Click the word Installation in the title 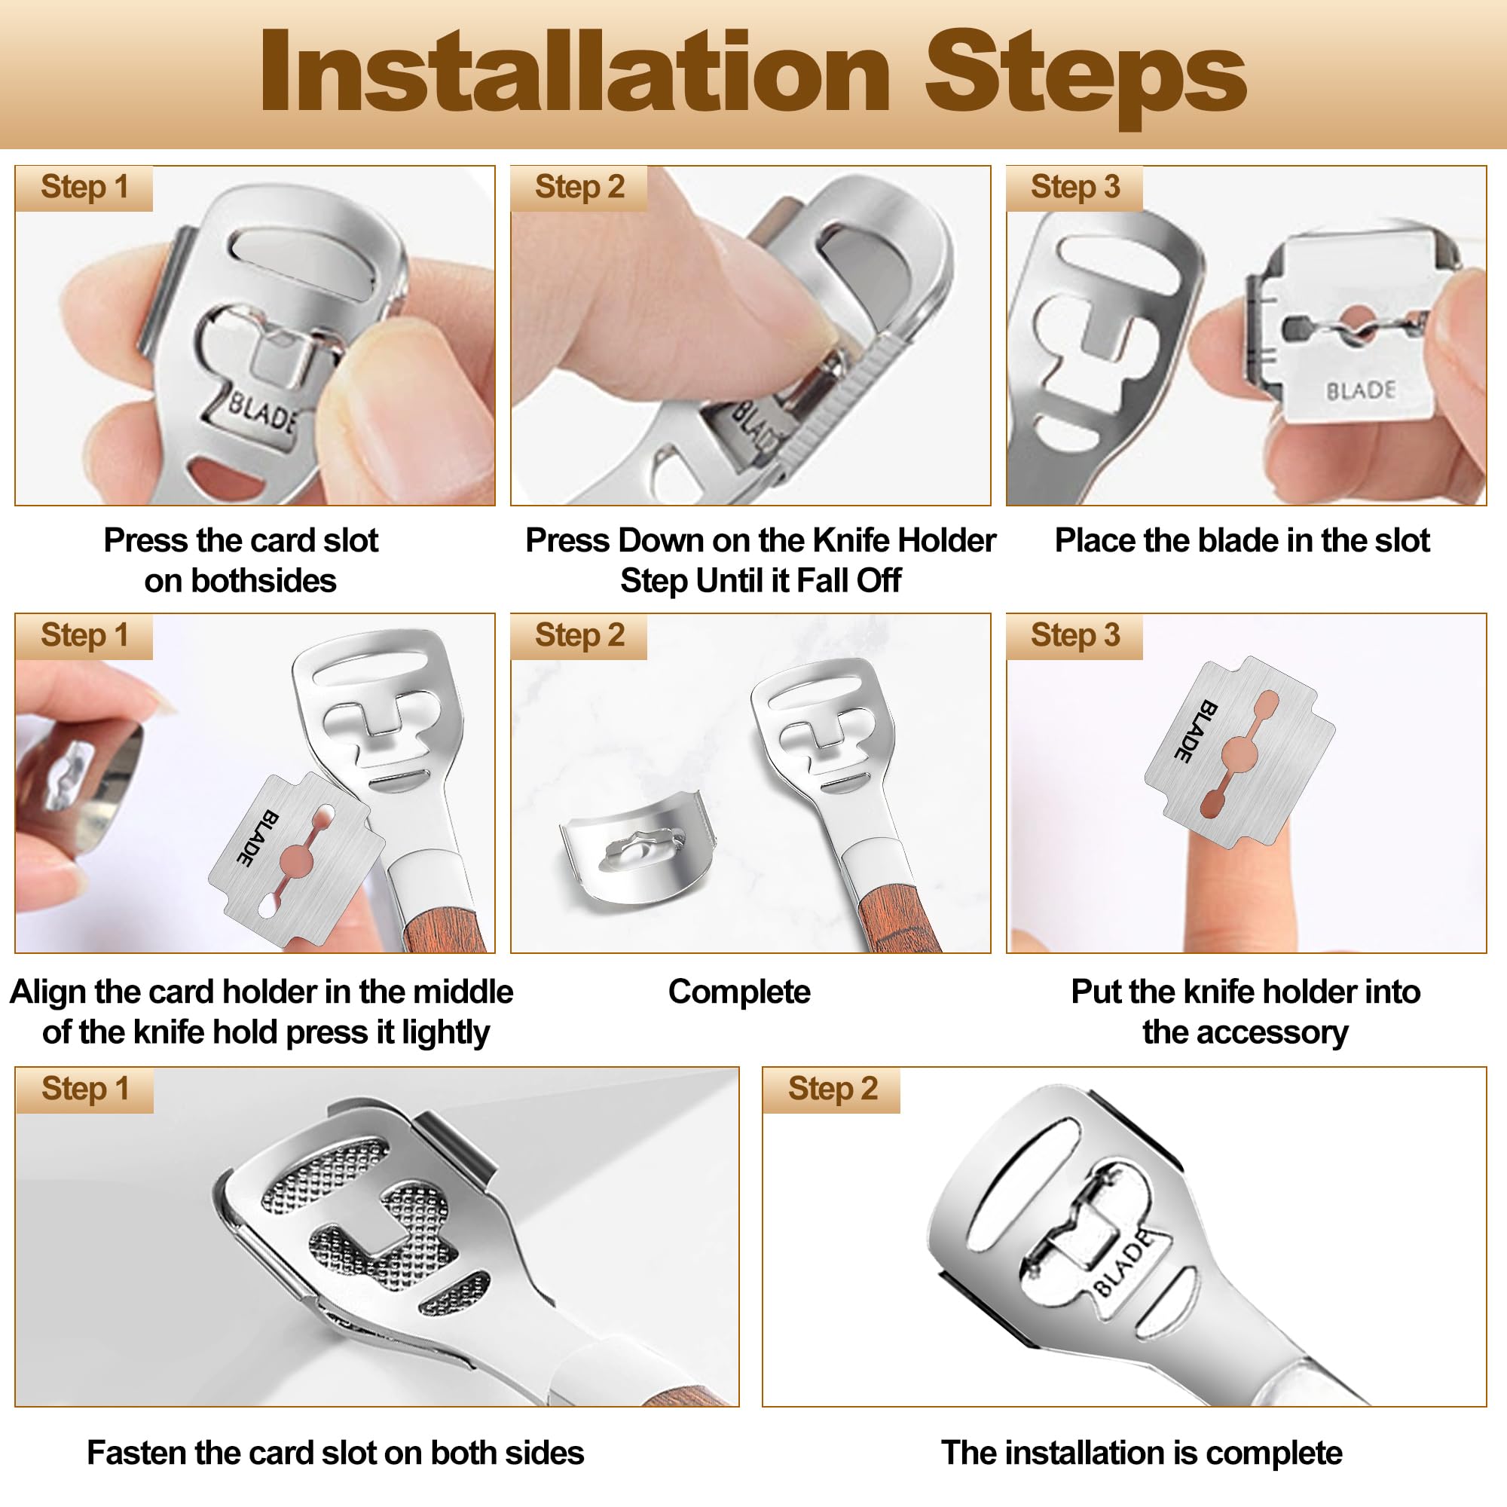click(x=575, y=71)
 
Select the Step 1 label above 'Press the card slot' click(x=84, y=187)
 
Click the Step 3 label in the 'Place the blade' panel click(x=1075, y=187)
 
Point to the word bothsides click(x=240, y=581)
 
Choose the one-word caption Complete click(x=739, y=992)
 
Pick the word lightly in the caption click(x=446, y=1033)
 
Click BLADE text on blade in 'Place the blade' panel click(x=1361, y=390)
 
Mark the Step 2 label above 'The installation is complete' click(x=833, y=1089)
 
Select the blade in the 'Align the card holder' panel click(x=296, y=860)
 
